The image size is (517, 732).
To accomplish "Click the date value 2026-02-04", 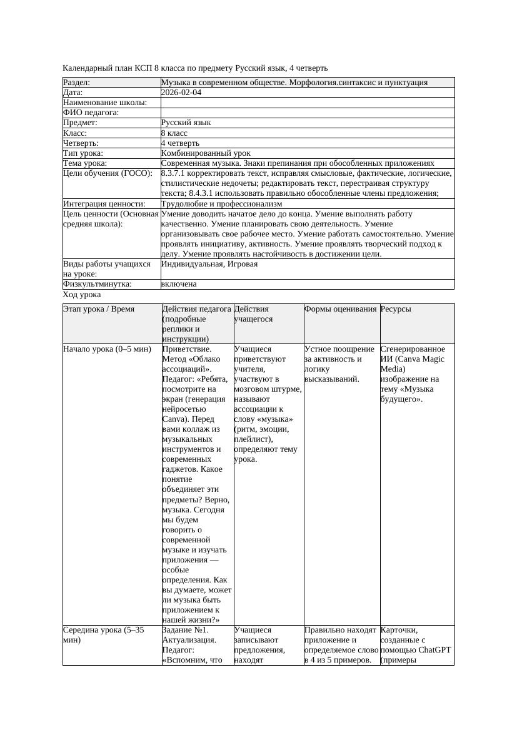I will point(181,93).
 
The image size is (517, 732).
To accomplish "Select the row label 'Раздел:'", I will point(77,83).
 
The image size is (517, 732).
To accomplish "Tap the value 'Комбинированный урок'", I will point(206,153).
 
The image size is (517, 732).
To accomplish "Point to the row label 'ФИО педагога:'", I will point(91,113).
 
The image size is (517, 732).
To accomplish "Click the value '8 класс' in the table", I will point(174,133).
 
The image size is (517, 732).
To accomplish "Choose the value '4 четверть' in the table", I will point(180,143).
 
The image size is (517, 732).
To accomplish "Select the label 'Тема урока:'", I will point(85,163).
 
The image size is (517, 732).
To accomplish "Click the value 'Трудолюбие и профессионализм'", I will point(221,204).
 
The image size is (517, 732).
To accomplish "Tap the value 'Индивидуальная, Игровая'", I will point(209,264).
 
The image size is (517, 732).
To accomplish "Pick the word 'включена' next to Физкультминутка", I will point(179,284).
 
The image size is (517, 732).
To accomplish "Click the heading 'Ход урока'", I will point(82,295).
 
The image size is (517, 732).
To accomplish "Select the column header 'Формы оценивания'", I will point(341,309).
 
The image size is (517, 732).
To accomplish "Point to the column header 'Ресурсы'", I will point(396,309).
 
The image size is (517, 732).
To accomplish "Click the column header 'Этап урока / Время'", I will point(99,309).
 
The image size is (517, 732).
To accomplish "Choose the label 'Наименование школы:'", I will point(105,103).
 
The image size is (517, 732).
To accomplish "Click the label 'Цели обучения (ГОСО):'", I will point(108,173).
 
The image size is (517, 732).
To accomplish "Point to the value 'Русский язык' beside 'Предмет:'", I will point(186,123).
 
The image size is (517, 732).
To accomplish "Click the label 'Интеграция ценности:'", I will point(104,204).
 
